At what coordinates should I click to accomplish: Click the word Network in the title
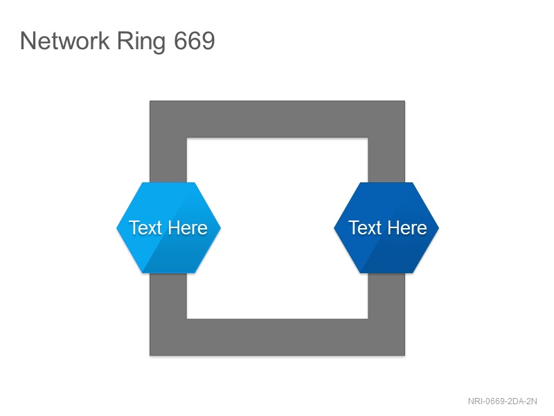point(65,41)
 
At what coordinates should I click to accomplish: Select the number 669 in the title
point(195,41)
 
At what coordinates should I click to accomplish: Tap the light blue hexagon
point(168,228)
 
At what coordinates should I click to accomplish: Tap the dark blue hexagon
point(386,228)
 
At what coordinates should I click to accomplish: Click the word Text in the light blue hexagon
point(145,228)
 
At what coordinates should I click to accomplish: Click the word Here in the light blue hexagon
point(187,228)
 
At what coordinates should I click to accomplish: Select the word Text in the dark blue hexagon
point(365,228)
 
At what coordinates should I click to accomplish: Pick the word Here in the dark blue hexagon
point(407,228)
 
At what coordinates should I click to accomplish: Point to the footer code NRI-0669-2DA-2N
point(503,401)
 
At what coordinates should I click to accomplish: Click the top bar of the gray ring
point(278,119)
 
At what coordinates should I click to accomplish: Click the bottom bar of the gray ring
point(278,337)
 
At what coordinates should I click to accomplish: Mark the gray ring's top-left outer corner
point(150,101)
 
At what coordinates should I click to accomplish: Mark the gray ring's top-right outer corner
point(405,101)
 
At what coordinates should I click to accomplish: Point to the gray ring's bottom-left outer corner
point(150,356)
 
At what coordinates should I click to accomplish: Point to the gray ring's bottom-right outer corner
point(405,356)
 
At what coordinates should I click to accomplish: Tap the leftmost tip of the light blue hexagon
point(116,228)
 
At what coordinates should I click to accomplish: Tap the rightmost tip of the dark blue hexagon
point(439,228)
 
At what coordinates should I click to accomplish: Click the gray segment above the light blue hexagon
point(168,160)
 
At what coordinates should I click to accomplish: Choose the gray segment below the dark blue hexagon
point(386,296)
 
